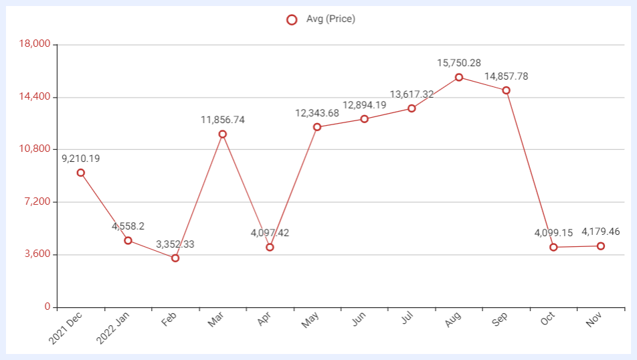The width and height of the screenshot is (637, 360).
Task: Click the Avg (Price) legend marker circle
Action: pyautogui.click(x=292, y=19)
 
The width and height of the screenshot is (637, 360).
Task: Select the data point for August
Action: pyautogui.click(x=458, y=77)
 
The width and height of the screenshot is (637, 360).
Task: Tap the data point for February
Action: pyautogui.click(x=175, y=258)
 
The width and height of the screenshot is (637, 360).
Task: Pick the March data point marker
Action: pyautogui.click(x=222, y=134)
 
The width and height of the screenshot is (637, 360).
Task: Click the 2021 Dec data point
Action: pyautogui.click(x=81, y=173)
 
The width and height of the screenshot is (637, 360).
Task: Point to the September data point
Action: pyautogui.click(x=506, y=90)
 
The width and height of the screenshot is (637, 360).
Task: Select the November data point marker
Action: pyautogui.click(x=601, y=246)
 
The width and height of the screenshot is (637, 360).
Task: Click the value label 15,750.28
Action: pyautogui.click(x=459, y=63)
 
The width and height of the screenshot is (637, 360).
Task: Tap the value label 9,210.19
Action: pyautogui.click(x=81, y=159)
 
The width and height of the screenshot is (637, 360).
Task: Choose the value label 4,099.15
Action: pyautogui.click(x=553, y=233)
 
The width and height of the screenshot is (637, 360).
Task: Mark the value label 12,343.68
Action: pyautogui.click(x=317, y=113)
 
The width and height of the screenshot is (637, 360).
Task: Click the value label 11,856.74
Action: pyautogui.click(x=223, y=120)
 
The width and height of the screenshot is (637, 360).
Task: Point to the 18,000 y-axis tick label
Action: pyautogui.click(x=35, y=43)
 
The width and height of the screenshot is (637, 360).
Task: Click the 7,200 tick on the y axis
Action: pyautogui.click(x=37, y=201)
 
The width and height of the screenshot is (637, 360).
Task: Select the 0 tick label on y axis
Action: pyautogui.click(x=48, y=306)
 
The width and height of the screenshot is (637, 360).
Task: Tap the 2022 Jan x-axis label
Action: pyautogui.click(x=112, y=328)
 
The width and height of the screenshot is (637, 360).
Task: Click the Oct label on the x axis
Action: pyautogui.click(x=547, y=319)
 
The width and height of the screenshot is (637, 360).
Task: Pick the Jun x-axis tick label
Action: pyautogui.click(x=359, y=319)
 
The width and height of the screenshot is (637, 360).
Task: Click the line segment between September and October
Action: pyautogui.click(x=530, y=169)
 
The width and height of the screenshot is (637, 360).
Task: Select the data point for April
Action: pyautogui.click(x=270, y=247)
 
